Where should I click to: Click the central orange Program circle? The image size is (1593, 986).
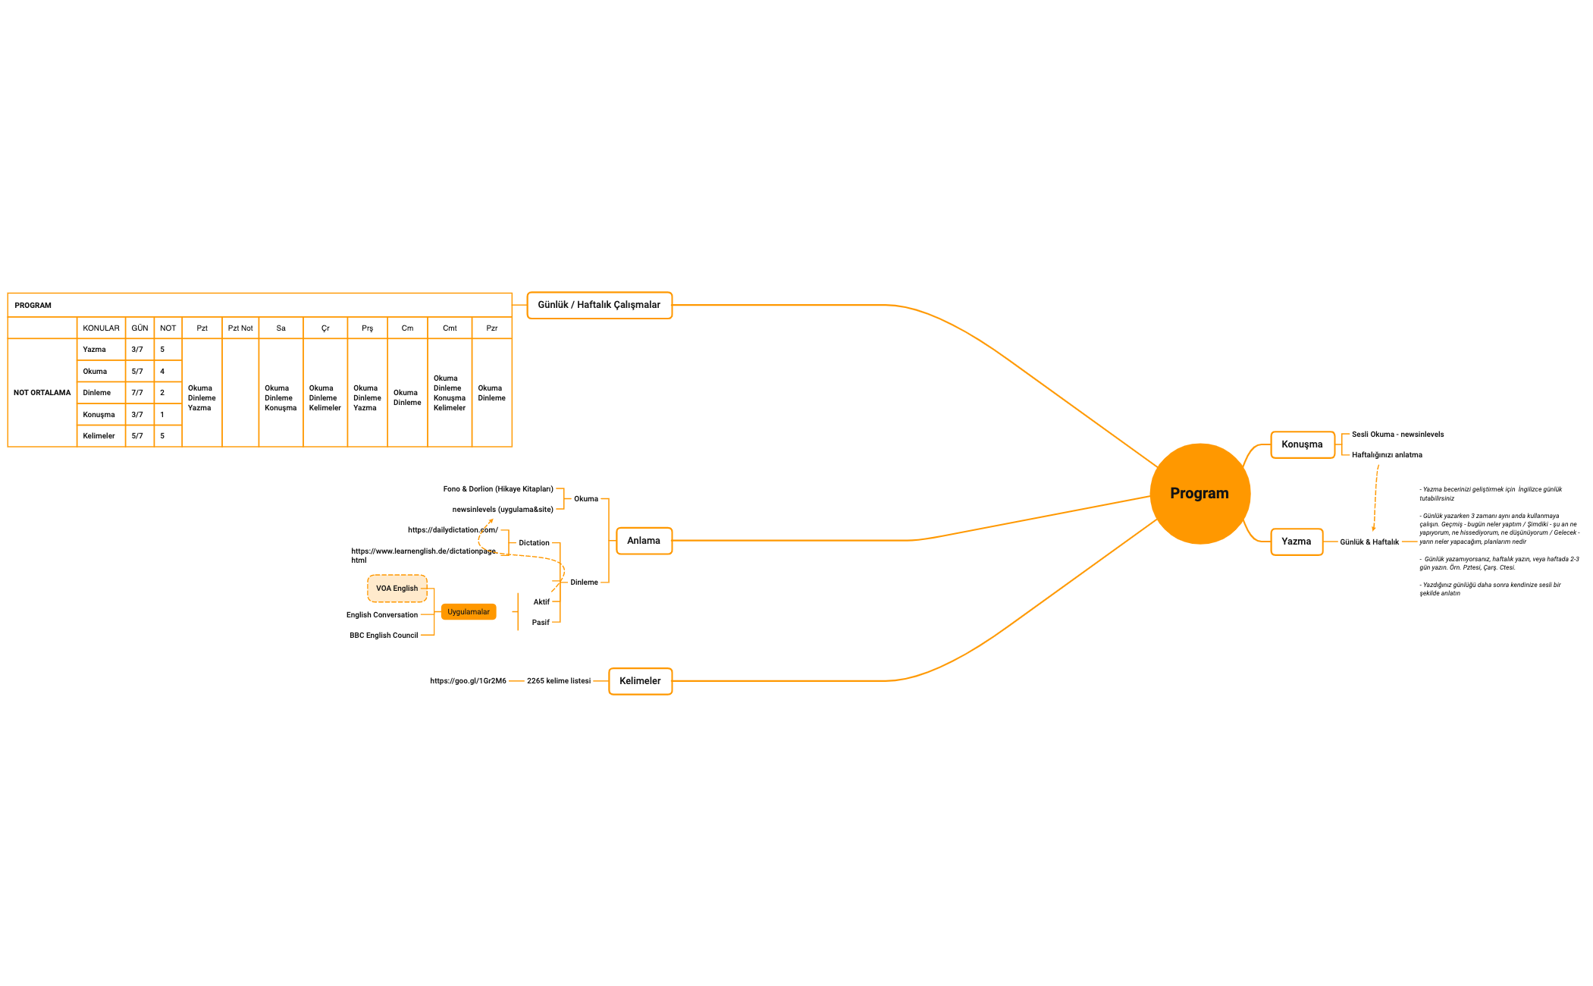tap(1199, 494)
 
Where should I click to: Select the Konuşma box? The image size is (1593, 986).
tap(1302, 444)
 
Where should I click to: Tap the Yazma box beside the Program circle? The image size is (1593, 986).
tap(1296, 542)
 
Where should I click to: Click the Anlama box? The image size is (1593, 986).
tap(644, 541)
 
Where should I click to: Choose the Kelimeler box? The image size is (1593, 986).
tap(640, 681)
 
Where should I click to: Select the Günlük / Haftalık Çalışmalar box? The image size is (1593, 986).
tap(599, 305)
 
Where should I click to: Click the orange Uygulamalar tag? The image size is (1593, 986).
tap(468, 612)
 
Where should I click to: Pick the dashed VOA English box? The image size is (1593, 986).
tap(397, 589)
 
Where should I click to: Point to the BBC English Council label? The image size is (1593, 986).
tap(384, 636)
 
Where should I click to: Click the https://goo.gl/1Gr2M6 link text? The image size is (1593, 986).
tap(468, 681)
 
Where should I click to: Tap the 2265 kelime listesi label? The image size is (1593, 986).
tap(559, 681)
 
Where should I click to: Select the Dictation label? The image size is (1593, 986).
tap(534, 543)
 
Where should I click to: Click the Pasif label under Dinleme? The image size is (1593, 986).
tap(541, 623)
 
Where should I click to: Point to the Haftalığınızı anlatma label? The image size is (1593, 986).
tap(1387, 455)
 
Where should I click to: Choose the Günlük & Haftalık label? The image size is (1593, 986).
tap(1369, 542)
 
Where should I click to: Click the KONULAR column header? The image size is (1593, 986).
tap(101, 328)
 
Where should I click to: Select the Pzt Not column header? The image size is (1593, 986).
tap(240, 328)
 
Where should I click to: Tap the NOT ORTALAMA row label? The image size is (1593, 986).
tap(42, 393)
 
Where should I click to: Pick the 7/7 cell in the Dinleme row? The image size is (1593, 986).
tap(137, 393)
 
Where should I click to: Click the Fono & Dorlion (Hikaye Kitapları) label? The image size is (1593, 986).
tap(498, 489)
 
